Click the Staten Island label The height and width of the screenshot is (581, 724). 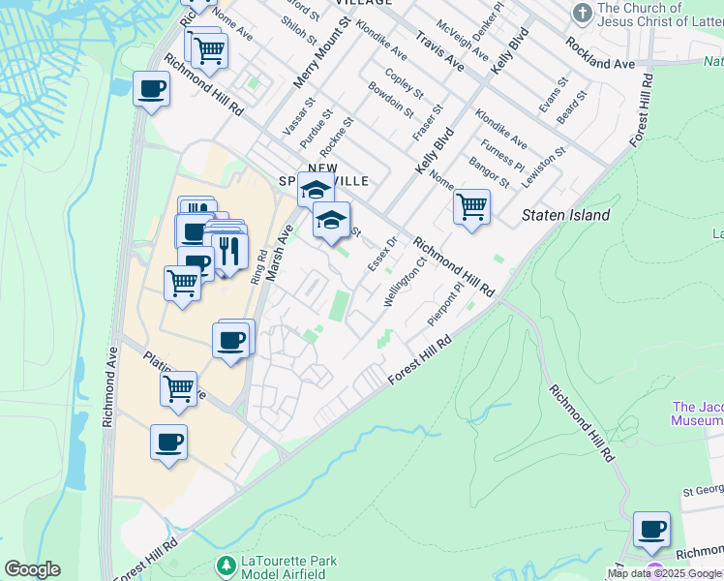point(565,215)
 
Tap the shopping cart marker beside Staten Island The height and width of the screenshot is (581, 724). point(471,206)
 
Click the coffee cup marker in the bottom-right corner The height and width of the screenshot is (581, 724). point(651,531)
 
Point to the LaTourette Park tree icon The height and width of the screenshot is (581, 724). point(226,564)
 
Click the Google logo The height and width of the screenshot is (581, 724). point(32,569)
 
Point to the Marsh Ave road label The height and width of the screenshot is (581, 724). point(278,253)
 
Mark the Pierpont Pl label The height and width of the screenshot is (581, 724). point(446,305)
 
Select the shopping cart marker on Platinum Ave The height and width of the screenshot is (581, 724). point(179,389)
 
